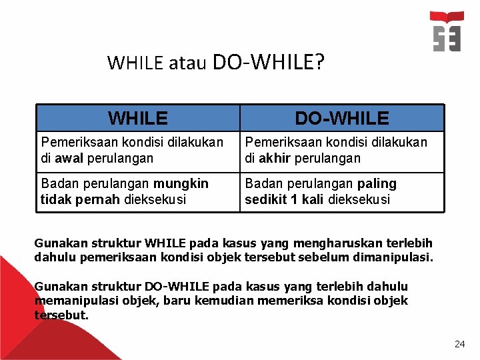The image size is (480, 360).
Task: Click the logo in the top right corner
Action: pos(447,31)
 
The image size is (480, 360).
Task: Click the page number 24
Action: pos(459,344)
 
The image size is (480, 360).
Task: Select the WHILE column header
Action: pos(138,119)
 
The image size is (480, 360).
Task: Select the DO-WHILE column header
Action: pos(342,119)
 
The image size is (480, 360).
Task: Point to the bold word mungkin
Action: pos(181,183)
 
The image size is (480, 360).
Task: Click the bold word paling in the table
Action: pos(377,183)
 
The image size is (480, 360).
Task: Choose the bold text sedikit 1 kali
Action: pos(284,199)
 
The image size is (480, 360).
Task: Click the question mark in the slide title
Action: pos(319,62)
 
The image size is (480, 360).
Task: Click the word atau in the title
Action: pos(187,63)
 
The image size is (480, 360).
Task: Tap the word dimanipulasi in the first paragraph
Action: pos(397,257)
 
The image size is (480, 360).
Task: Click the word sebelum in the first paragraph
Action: pos(335,257)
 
